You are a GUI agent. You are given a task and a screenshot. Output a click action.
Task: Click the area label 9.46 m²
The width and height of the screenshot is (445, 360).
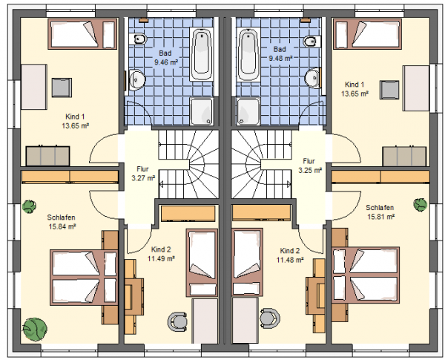[166, 62]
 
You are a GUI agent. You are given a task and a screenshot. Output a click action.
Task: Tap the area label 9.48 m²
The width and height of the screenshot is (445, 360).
[280, 58]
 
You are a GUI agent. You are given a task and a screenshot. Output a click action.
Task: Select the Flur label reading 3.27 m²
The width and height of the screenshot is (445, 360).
[143, 178]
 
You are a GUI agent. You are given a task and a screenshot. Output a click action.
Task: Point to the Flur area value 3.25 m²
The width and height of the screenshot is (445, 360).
[310, 170]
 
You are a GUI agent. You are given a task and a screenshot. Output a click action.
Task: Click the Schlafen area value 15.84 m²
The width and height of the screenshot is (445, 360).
[62, 226]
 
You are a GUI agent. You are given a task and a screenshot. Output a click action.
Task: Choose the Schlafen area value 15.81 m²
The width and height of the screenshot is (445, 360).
[381, 217]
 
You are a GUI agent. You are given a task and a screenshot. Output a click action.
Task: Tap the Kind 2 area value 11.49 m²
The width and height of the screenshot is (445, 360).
[161, 258]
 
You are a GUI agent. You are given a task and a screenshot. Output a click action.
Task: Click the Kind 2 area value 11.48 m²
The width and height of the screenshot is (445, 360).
[290, 260]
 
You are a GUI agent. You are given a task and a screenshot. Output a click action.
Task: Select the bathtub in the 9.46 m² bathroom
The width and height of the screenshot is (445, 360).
[202, 54]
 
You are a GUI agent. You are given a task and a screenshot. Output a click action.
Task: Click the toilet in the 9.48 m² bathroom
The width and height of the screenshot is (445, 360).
[312, 42]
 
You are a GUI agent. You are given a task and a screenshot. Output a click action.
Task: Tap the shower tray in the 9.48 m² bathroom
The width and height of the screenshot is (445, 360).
[248, 111]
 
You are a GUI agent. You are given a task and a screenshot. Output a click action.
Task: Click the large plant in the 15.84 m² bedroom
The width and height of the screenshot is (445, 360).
[35, 329]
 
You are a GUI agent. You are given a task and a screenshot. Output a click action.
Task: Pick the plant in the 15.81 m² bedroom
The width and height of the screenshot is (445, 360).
[420, 204]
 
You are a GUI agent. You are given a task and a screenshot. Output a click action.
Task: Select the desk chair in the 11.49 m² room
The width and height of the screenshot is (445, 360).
[177, 321]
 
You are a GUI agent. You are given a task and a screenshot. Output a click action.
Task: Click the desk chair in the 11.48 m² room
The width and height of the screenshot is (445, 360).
[270, 318]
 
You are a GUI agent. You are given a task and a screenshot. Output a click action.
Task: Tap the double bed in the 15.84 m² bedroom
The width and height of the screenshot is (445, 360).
[83, 278]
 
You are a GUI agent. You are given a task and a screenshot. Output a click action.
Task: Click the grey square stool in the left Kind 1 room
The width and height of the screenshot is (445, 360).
[62, 88]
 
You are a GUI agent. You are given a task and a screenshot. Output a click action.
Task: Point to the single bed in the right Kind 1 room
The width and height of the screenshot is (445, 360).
[368, 34]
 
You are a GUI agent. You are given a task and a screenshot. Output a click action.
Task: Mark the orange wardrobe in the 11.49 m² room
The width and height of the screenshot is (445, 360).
[188, 213]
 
